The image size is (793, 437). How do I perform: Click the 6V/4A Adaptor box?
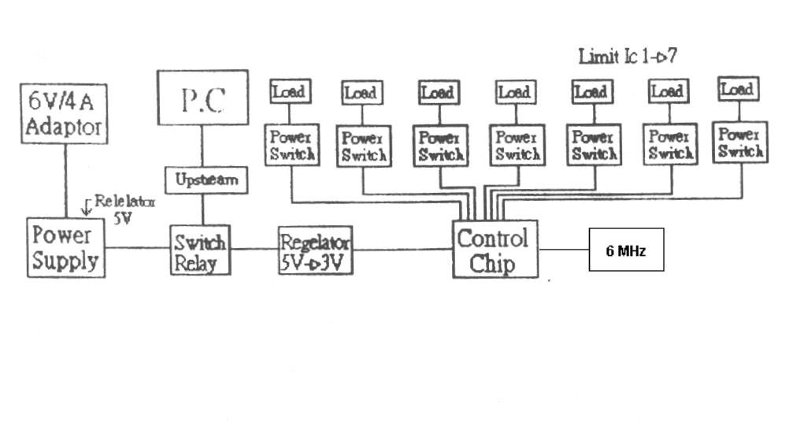(65, 114)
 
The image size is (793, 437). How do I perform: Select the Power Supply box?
(65, 247)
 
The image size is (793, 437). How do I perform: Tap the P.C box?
(202, 97)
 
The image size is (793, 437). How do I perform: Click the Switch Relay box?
(201, 250)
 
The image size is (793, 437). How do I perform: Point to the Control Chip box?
(495, 249)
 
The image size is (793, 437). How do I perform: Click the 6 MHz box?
(626, 249)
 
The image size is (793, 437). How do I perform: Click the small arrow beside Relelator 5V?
(87, 208)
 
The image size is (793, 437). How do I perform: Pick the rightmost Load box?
(739, 89)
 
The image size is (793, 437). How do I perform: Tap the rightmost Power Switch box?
(740, 142)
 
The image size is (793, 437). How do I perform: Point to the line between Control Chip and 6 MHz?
(563, 249)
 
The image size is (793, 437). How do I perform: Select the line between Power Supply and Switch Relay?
(138, 249)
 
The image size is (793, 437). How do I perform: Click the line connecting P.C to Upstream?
(202, 146)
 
